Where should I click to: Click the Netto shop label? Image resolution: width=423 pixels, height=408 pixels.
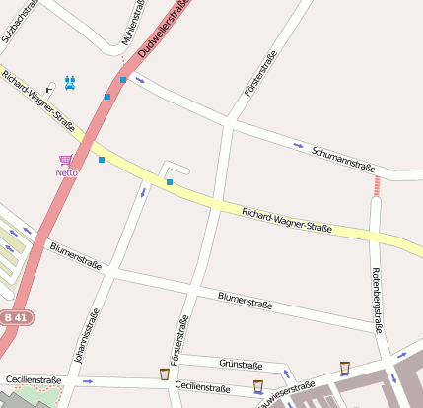[x=66, y=172]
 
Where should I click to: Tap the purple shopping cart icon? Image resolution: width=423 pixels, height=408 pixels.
[x=65, y=160]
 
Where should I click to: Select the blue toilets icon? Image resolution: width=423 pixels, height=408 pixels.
[x=70, y=83]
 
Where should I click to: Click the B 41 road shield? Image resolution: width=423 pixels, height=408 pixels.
[x=14, y=317]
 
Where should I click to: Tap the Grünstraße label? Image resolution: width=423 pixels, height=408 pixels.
[x=240, y=365]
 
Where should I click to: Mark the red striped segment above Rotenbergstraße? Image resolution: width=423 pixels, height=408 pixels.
[x=376, y=185]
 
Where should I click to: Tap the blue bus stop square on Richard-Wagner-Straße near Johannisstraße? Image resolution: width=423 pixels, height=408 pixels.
[x=170, y=182]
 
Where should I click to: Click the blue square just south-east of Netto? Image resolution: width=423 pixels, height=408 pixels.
[x=101, y=159]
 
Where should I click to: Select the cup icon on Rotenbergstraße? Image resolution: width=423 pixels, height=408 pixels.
[x=344, y=368]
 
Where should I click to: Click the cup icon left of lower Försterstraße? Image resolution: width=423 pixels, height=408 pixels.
[x=164, y=374]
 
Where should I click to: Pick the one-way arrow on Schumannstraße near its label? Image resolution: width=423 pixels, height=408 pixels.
[x=299, y=146]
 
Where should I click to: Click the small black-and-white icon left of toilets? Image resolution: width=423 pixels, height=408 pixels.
[x=51, y=88]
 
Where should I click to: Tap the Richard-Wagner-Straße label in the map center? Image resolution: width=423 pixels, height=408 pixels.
[x=286, y=220]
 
